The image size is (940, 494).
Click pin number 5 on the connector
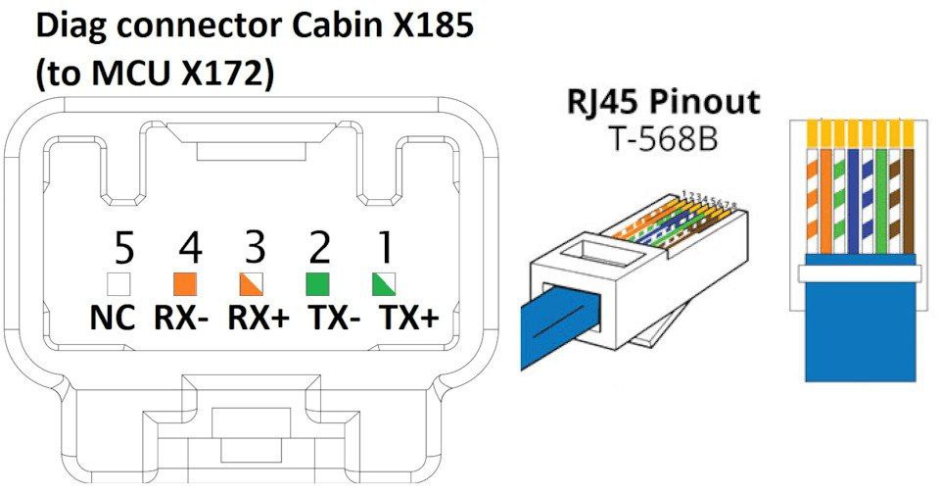click(122, 252)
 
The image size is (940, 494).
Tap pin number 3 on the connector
click(253, 252)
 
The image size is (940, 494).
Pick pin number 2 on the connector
click(317, 252)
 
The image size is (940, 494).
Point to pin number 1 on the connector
click(382, 252)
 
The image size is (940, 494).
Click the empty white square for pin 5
click(119, 284)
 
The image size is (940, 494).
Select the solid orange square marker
click(185, 284)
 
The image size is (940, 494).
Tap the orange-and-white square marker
click(252, 284)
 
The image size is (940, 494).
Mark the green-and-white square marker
click(384, 284)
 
